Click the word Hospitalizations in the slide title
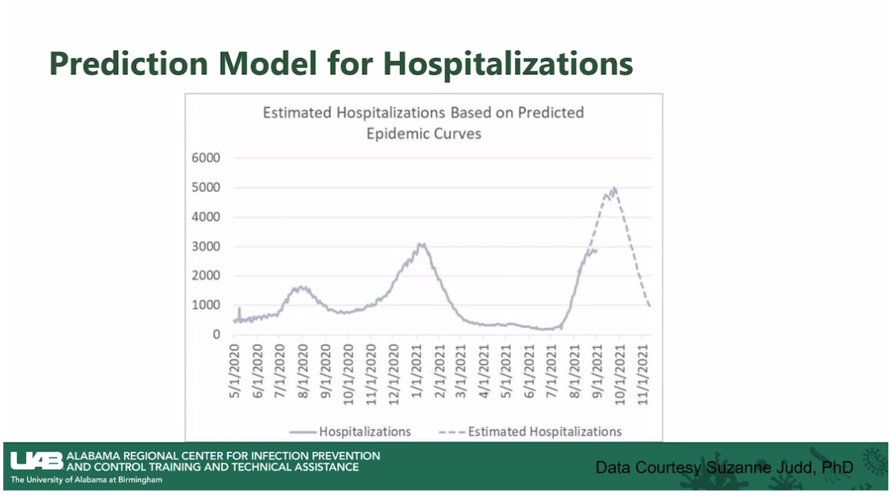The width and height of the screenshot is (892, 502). [508, 64]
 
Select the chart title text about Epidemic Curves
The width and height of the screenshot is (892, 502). [424, 123]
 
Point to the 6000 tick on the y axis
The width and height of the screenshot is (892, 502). [206, 158]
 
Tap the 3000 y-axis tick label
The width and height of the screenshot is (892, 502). [206, 246]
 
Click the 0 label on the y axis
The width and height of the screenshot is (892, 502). [216, 335]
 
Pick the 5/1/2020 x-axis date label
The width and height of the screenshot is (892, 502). [235, 366]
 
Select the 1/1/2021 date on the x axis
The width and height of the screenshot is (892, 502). [417, 366]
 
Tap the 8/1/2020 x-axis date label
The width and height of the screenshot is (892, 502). [303, 366]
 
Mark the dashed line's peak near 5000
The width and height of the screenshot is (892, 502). [614, 189]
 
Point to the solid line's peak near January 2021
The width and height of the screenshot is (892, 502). [421, 244]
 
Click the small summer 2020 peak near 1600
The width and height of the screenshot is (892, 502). [300, 287]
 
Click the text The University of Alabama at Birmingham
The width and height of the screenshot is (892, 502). [86, 480]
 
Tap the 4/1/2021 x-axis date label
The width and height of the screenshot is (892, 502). [485, 366]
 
